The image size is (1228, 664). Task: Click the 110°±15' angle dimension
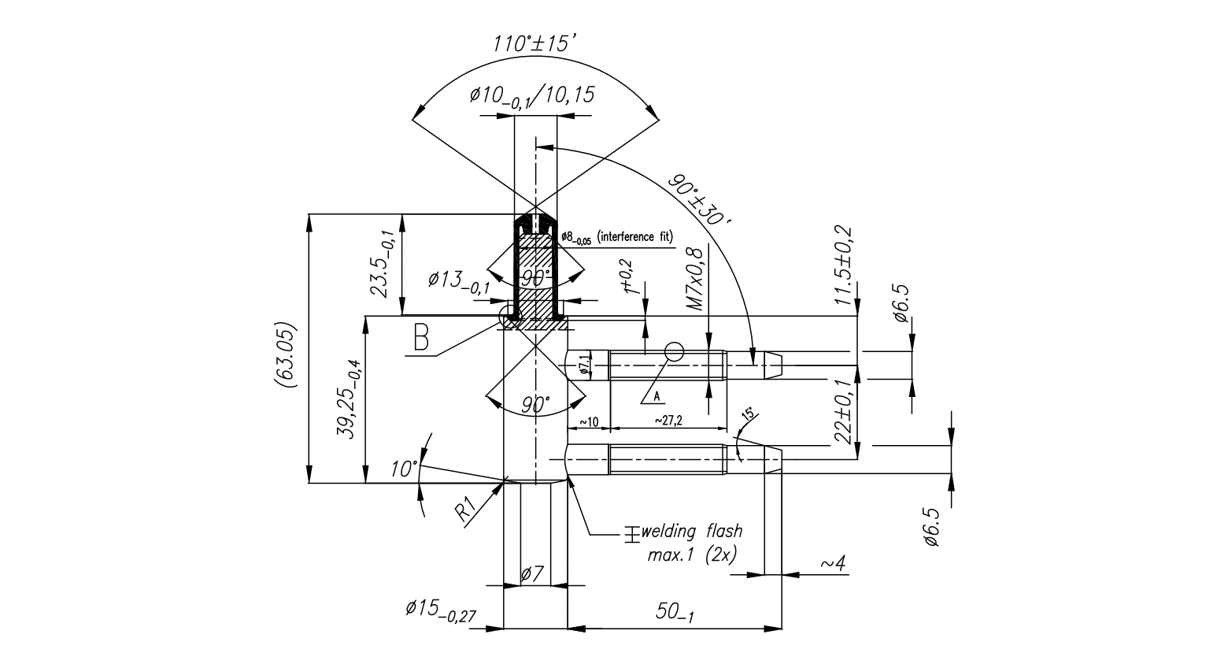click(535, 43)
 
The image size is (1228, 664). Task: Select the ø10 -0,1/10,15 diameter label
click(532, 96)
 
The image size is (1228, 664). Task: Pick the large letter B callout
click(422, 338)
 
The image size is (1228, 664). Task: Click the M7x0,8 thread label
click(694, 280)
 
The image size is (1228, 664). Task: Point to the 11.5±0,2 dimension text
click(842, 265)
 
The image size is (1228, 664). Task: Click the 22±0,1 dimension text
click(842, 411)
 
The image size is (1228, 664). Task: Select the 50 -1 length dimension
click(674, 612)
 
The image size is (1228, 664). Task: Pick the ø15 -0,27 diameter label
click(442, 610)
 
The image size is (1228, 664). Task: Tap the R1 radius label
click(465, 509)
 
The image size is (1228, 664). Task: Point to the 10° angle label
click(404, 469)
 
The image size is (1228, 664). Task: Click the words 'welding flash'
click(692, 531)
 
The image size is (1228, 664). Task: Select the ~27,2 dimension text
click(668, 421)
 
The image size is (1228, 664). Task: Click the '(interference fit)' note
click(636, 236)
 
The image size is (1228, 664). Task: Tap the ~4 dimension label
click(832, 563)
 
